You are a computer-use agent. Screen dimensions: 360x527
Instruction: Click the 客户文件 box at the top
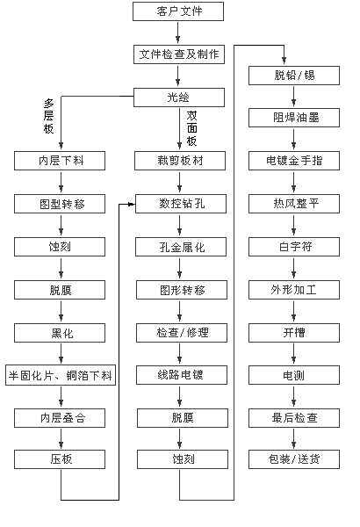point(178,11)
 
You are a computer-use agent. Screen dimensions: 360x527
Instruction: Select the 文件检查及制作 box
point(179,54)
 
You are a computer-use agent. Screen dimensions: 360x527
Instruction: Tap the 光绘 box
point(179,97)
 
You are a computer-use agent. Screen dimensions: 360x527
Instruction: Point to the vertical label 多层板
point(49,116)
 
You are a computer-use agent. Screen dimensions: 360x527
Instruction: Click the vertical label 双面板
point(191,128)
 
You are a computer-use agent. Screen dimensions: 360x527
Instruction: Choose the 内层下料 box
point(60,161)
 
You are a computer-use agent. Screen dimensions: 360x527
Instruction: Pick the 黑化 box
point(60,333)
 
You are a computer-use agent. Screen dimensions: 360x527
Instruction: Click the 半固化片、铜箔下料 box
point(61,375)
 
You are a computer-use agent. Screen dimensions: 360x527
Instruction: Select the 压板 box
point(60,459)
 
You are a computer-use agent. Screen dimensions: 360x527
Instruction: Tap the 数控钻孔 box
point(181,204)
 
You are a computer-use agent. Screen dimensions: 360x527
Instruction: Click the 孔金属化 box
point(181,247)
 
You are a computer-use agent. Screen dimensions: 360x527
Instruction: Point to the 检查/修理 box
point(182,333)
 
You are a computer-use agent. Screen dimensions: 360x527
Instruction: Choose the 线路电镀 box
point(182,375)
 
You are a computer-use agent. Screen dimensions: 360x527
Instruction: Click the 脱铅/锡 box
point(294,76)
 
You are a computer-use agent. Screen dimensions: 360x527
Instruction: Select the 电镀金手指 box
point(294,161)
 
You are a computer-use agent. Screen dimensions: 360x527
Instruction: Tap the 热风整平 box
point(294,204)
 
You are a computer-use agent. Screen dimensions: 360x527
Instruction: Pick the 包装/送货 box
point(294,459)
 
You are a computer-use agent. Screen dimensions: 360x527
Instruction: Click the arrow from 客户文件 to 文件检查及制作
point(178,32)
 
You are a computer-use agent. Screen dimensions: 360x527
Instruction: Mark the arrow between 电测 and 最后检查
point(294,396)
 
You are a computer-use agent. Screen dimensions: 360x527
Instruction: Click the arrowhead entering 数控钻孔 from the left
point(132,204)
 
